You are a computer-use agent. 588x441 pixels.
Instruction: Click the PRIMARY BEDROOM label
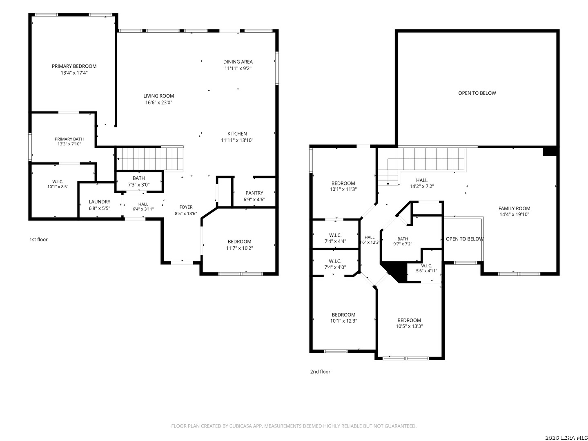74,66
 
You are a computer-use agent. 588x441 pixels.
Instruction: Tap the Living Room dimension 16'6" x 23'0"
158,102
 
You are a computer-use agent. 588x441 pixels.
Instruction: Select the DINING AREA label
238,62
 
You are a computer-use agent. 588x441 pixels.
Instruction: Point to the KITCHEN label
237,134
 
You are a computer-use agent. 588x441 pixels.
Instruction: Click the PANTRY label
254,193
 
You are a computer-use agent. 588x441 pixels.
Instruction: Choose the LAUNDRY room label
99,202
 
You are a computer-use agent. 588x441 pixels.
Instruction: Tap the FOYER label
186,207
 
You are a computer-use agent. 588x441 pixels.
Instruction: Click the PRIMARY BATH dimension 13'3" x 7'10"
69,144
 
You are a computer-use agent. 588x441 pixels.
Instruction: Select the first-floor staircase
150,159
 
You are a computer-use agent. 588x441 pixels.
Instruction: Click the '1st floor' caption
38,239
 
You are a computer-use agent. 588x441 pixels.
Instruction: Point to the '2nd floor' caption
320,372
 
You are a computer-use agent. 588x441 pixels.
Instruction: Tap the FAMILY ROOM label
514,208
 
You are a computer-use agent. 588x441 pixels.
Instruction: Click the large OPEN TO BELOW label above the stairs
477,93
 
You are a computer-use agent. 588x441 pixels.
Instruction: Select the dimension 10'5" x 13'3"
409,326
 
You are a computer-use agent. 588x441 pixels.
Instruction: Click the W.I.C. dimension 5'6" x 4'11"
426,271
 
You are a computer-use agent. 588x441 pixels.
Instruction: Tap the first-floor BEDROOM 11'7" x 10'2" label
239,241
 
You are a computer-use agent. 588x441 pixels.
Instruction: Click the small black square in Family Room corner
550,151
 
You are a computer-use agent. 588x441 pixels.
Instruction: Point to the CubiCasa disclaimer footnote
294,426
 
